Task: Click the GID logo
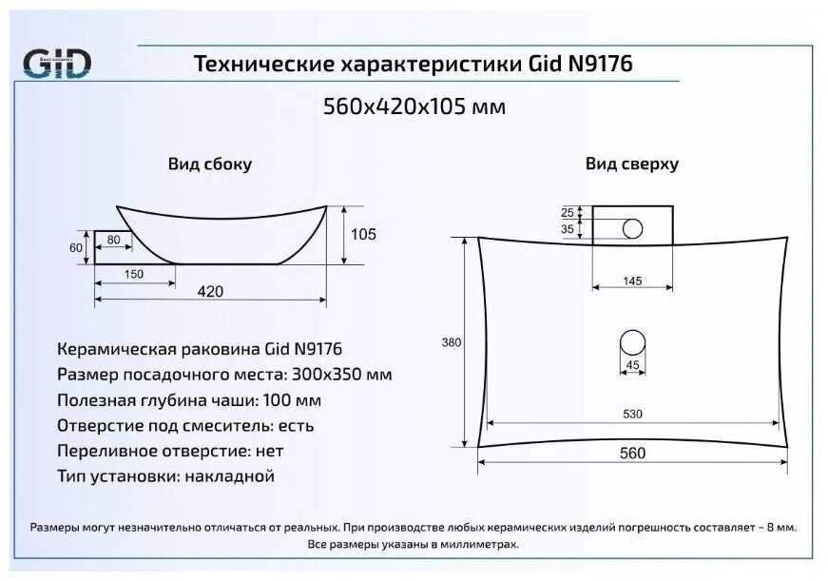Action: pos(57,64)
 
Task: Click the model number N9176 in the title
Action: pos(601,65)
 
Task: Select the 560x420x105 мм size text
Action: pos(414,107)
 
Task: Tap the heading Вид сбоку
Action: pos(210,164)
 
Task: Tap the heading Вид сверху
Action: pos(632,164)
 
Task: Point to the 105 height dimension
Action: pos(363,234)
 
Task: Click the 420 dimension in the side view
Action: pos(210,291)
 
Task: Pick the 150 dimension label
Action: pos(134,275)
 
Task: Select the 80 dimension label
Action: pos(113,240)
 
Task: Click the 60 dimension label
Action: pos(76,247)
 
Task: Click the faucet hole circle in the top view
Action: pos(633,228)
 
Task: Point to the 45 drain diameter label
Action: pos(632,365)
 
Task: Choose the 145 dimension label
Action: pos(632,281)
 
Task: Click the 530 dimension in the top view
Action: pos(632,414)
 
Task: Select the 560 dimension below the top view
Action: pos(632,454)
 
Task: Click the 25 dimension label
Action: pos(568,212)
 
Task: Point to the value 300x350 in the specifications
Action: pos(326,375)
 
